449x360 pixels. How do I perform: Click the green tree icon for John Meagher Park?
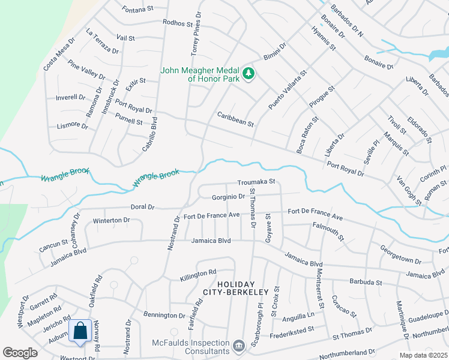(x=249, y=74)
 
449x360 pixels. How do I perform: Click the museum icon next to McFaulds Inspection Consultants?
(x=239, y=346)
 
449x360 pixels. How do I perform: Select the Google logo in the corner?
(x=20, y=353)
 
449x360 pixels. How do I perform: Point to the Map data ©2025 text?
(x=423, y=355)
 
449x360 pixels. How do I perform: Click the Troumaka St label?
(x=256, y=181)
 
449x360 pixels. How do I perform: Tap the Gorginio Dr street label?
(x=229, y=197)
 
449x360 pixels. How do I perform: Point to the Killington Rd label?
(x=198, y=275)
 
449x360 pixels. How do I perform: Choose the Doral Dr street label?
(x=143, y=207)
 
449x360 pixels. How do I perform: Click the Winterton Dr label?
(x=112, y=220)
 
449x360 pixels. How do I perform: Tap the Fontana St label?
(x=137, y=10)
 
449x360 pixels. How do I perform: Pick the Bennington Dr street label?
(x=164, y=315)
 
